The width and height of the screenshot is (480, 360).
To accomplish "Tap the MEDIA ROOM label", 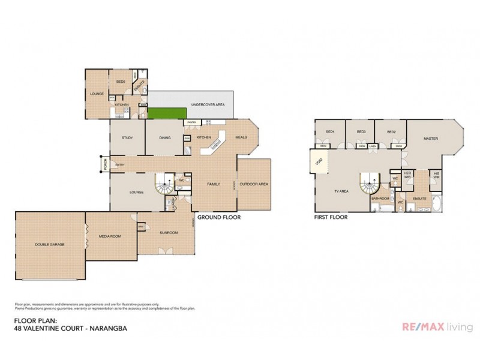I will pos(110,236).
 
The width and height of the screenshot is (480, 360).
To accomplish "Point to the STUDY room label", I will pos(127,137).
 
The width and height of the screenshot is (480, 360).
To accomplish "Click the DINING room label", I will pos(165,137).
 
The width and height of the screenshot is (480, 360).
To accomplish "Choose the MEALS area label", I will pos(241,137).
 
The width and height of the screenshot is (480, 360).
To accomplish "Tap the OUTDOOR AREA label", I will pos(254,184).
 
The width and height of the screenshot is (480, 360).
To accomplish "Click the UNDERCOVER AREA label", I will pos(208,105).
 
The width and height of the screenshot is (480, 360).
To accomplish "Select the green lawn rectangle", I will pos(165,113).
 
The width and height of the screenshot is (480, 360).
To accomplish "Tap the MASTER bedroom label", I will pos(430,138).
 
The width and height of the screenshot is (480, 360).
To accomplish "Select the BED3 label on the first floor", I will pos(361,131).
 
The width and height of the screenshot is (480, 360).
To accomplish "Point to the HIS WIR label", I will pos(436,177).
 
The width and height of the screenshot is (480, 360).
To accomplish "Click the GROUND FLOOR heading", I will pos(219,218).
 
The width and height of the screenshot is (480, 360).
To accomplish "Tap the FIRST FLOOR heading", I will pos(331,218).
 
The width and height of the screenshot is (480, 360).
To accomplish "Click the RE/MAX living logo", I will pos(436,326).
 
